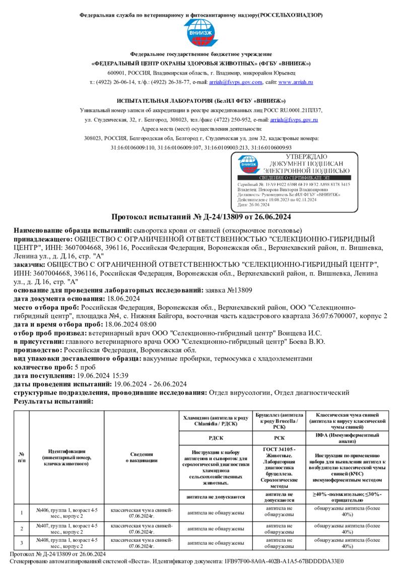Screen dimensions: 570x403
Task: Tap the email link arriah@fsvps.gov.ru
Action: pyautogui.click(x=294, y=120)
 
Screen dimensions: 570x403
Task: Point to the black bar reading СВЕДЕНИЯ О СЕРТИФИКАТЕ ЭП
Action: pyautogui.click(x=295, y=178)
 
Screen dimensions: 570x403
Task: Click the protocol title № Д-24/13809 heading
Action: pyautogui.click(x=201, y=217)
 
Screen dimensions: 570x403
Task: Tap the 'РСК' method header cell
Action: pyautogui.click(x=279, y=438)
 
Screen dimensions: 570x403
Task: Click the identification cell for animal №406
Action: pyautogui.click(x=66, y=513)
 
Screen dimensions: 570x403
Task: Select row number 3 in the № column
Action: pyautogui.click(x=22, y=543)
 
